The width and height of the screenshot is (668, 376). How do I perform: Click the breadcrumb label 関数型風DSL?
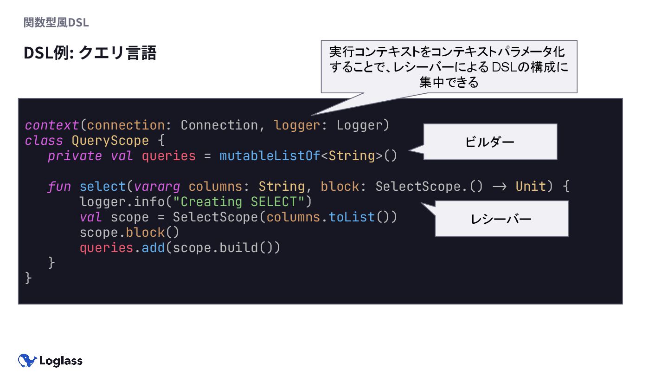pos(56,22)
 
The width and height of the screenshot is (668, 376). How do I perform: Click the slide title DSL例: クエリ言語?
pos(90,53)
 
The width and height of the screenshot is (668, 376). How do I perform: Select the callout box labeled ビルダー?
pos(489,142)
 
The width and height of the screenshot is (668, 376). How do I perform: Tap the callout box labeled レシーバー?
pos(501,219)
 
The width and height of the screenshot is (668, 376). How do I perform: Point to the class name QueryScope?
pos(110,141)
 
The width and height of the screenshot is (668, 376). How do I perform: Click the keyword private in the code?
pos(75,156)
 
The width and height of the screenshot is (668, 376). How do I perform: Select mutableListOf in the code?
pos(270,156)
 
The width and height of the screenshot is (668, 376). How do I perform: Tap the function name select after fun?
pos(103,187)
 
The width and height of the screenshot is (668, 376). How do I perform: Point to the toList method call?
pos(352,217)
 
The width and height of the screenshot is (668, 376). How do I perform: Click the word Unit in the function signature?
pos(531,187)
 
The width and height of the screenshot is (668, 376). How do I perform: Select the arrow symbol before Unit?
pos(499,187)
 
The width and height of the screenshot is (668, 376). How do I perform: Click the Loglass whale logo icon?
pos(27,361)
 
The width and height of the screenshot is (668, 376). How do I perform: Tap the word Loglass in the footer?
pos(61,361)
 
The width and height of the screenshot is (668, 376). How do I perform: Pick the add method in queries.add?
pos(153,248)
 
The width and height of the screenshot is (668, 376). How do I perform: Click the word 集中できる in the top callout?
pos(449,83)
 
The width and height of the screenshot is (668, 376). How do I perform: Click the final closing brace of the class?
pos(28,279)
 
